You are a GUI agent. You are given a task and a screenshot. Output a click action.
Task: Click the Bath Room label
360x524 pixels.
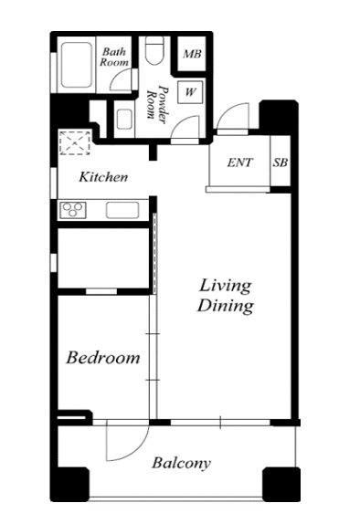click(114, 57)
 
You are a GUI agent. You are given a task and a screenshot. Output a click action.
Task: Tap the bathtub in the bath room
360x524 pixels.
click(76, 65)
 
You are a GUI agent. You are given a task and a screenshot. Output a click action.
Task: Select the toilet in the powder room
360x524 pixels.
click(154, 50)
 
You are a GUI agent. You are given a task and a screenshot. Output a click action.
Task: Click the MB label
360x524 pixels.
click(192, 54)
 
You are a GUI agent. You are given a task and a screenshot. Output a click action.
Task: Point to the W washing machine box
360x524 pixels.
click(190, 91)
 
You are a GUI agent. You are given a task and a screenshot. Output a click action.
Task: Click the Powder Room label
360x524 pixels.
click(158, 103)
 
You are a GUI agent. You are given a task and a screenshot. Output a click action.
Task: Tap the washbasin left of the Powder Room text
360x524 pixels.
click(124, 119)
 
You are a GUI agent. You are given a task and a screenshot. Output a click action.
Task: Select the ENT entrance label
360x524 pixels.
click(240, 162)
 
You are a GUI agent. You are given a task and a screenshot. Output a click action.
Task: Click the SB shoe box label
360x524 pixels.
click(280, 162)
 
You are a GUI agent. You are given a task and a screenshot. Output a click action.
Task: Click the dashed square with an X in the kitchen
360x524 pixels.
click(75, 142)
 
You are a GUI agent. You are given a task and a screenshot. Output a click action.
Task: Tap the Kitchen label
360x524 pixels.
click(103, 177)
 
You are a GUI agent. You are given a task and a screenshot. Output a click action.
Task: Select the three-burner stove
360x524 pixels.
click(73, 210)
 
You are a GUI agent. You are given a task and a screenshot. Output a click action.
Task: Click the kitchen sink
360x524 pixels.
click(122, 210)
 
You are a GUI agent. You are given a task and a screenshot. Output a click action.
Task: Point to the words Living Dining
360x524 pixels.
click(225, 296)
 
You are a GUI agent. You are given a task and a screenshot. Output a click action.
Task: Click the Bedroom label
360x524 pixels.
click(103, 357)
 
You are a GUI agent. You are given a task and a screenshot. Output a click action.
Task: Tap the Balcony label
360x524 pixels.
click(181, 463)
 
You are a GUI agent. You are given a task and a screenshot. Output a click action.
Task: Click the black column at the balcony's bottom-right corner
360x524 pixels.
click(281, 484)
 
